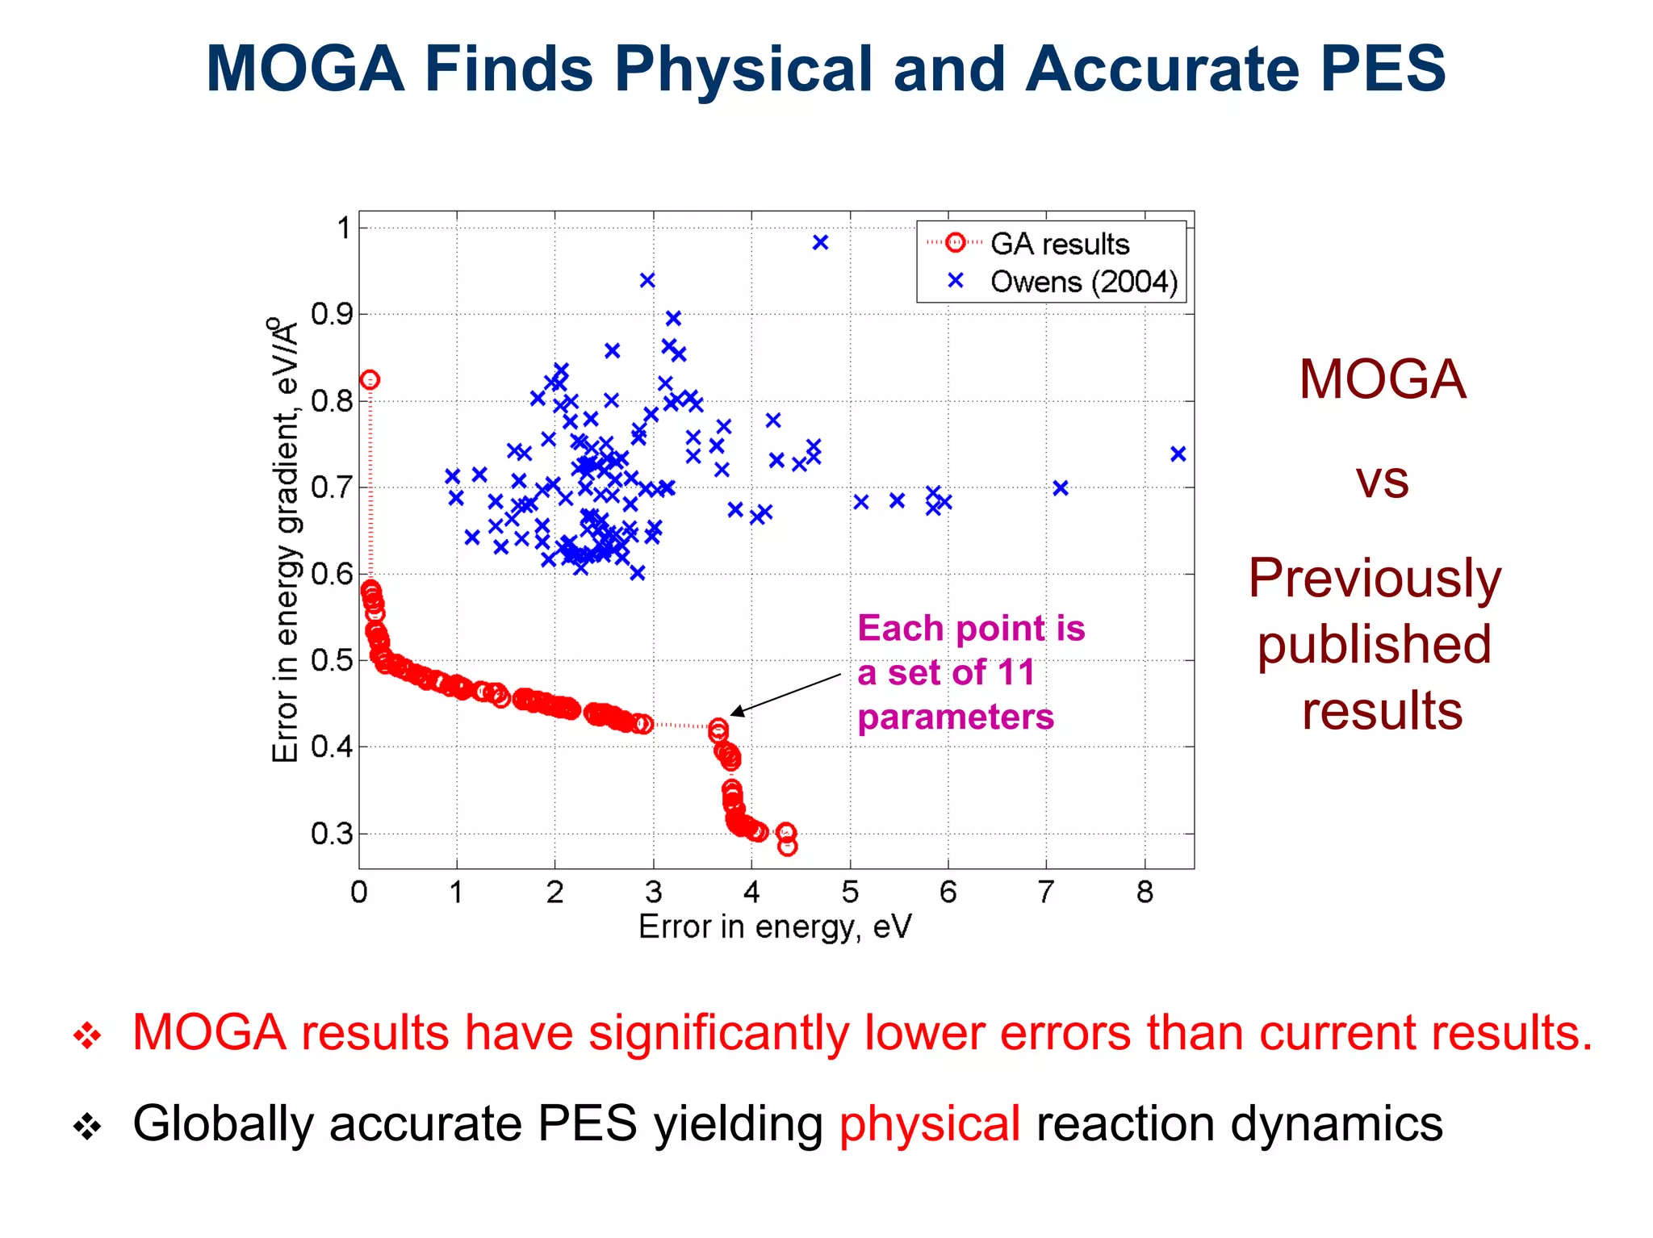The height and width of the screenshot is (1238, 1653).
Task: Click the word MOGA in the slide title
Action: [x=305, y=69]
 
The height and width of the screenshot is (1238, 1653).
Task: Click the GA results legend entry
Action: [x=1059, y=244]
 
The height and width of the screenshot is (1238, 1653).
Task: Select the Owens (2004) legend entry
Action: [x=1083, y=282]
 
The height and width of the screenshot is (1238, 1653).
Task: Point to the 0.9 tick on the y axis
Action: [x=332, y=314]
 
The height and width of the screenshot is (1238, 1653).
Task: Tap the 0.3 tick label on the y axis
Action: [x=332, y=834]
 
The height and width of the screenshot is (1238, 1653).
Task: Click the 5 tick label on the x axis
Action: [x=850, y=892]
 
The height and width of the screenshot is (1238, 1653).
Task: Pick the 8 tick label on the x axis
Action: [x=1145, y=892]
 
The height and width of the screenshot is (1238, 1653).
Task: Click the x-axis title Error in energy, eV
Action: [x=775, y=927]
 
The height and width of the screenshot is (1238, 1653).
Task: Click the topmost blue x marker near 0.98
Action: [x=820, y=242]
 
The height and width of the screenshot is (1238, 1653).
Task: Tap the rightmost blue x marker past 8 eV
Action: [x=1178, y=454]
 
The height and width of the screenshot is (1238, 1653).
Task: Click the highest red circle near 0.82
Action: [x=370, y=379]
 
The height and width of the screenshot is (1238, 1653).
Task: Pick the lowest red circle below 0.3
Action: [x=788, y=846]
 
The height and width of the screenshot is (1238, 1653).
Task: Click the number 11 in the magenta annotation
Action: [x=1015, y=672]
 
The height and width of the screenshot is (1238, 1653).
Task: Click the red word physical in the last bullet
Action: [x=929, y=1123]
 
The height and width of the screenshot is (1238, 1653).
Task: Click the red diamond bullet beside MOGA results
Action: [x=87, y=1035]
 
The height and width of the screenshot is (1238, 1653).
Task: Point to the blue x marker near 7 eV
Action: [x=1061, y=487]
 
